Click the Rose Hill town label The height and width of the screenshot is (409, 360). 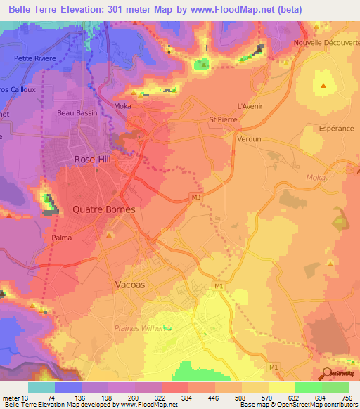point(94,160)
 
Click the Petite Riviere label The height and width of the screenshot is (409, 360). point(36,59)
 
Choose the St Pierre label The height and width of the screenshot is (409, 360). point(224,119)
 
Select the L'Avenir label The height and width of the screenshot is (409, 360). point(250,105)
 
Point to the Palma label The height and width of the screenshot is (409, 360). point(61,238)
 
